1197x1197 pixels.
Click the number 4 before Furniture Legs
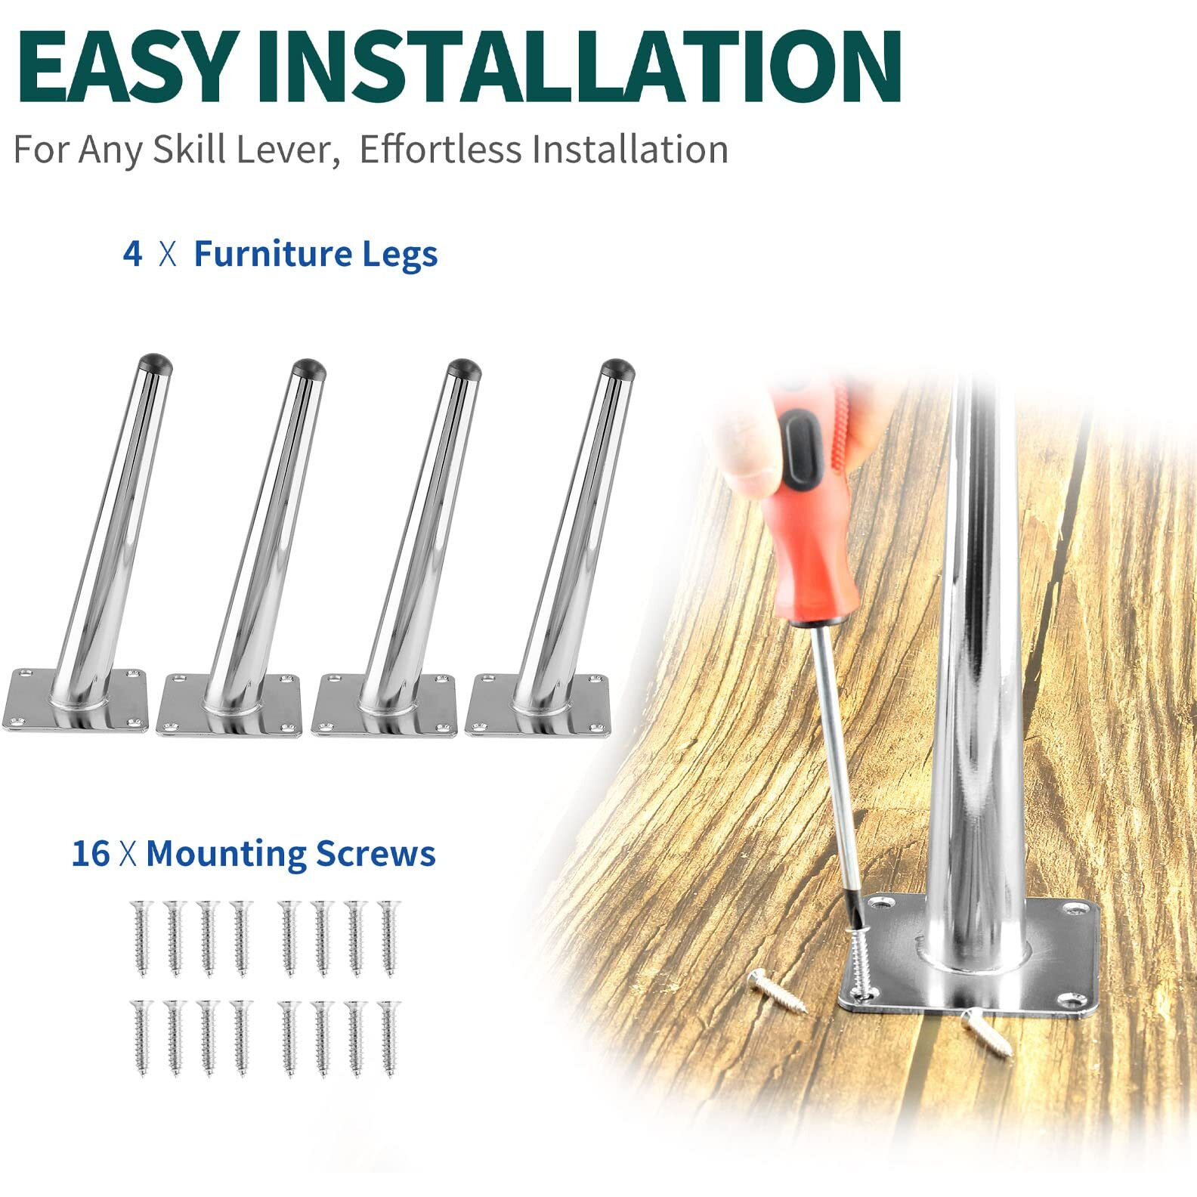click(132, 254)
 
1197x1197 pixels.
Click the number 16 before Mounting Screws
click(91, 853)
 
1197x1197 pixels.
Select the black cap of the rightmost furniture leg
click(618, 369)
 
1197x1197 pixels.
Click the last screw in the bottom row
click(390, 1039)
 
